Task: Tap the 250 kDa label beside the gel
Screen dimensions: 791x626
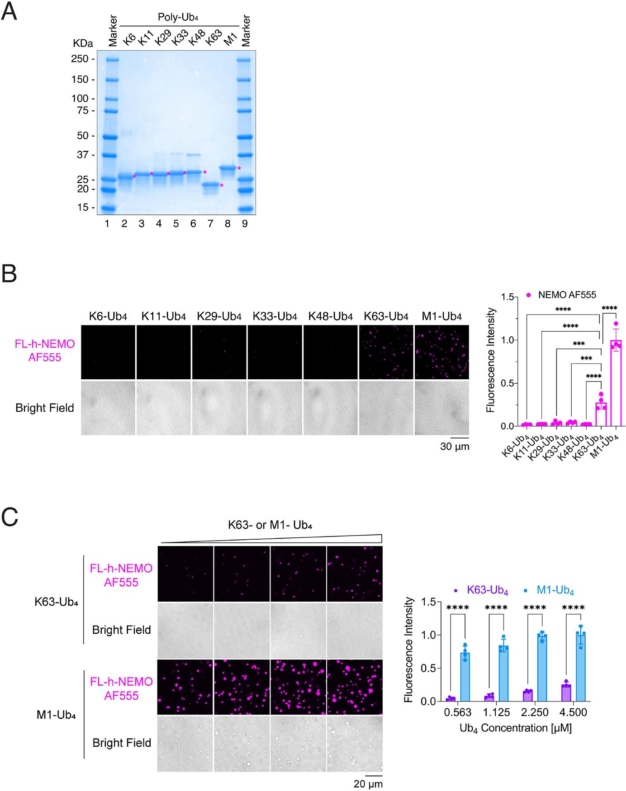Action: (x=84, y=59)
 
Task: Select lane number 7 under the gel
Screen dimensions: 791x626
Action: (x=210, y=224)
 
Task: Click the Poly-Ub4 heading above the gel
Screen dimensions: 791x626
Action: (x=178, y=17)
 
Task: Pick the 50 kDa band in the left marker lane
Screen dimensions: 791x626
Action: (x=112, y=136)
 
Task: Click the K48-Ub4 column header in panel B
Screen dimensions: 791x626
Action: (x=330, y=316)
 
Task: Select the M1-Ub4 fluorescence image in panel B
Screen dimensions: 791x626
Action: (x=441, y=352)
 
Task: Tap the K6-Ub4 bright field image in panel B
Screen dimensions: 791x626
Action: (x=108, y=408)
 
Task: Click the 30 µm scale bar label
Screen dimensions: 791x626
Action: (x=455, y=447)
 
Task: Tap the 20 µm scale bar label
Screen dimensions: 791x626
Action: (x=368, y=784)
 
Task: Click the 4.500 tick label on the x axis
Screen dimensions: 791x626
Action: (x=574, y=713)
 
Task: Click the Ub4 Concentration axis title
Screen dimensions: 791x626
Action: (x=515, y=729)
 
